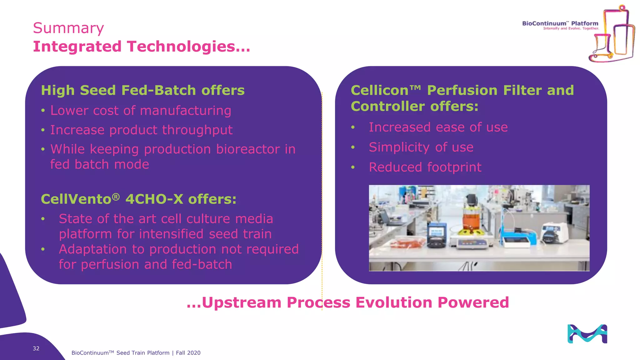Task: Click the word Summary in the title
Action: tap(68, 28)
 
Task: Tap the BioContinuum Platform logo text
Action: tap(560, 23)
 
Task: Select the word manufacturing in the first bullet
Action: tap(186, 111)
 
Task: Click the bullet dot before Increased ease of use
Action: tap(353, 127)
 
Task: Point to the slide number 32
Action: tap(36, 348)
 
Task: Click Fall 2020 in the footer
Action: tap(188, 353)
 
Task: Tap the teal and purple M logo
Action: tap(587, 334)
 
